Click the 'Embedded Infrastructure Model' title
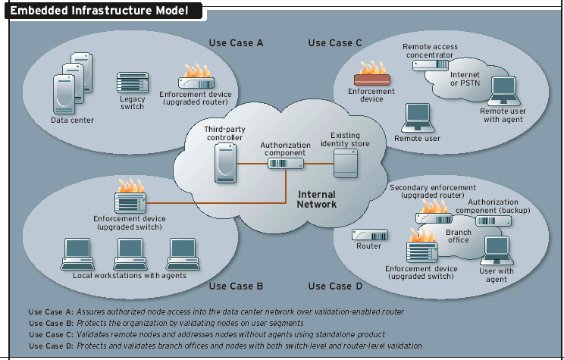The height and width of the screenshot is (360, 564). (105, 11)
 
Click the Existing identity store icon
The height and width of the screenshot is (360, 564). (346, 162)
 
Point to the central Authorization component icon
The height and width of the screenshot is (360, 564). (285, 162)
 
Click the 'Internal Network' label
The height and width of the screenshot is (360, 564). (317, 199)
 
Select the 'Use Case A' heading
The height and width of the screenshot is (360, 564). (236, 43)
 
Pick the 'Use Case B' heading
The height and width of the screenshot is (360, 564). (236, 286)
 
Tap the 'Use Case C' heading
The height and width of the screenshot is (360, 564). (335, 43)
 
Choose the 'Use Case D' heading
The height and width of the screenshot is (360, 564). (331, 286)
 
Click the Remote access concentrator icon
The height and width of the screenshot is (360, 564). (428, 64)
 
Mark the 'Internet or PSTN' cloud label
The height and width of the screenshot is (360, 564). (465, 79)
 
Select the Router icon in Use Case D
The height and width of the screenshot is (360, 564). (368, 235)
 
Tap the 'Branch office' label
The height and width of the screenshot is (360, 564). (459, 236)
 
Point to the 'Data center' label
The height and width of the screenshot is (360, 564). (72, 120)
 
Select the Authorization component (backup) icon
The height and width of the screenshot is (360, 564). (493, 221)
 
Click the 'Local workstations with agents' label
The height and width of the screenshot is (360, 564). (130, 276)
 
